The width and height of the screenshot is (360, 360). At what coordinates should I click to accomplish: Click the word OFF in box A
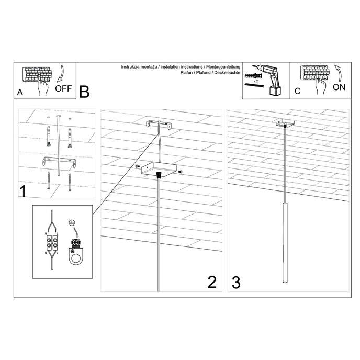(x=63, y=88)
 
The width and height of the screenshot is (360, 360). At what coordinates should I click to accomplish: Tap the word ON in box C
(x=339, y=87)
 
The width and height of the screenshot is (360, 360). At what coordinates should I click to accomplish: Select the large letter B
(x=84, y=92)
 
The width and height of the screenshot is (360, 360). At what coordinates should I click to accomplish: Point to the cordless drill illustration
(x=272, y=78)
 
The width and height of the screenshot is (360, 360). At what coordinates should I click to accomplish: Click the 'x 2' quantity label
(x=255, y=83)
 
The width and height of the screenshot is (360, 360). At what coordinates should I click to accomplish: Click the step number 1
(x=24, y=192)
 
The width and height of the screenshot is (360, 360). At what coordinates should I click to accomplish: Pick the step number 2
(x=212, y=283)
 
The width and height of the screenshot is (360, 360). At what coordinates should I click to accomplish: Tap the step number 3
(x=236, y=283)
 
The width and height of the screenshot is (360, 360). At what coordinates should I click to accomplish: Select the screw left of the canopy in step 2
(x=138, y=166)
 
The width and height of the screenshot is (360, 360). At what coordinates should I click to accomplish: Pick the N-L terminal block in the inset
(x=52, y=244)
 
